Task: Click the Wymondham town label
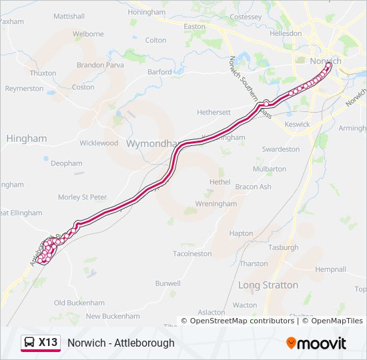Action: pyautogui.click(x=151, y=143)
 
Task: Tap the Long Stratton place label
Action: pyautogui.click(x=268, y=285)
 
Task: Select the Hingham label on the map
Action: pyautogui.click(x=27, y=138)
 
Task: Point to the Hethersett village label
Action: pyautogui.click(x=214, y=113)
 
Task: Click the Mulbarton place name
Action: pyautogui.click(x=270, y=169)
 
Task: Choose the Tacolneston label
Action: pyautogui.click(x=192, y=253)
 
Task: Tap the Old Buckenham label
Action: pyautogui.click(x=79, y=303)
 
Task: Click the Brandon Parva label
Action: pyautogui.click(x=101, y=65)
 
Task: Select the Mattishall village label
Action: pyautogui.click(x=69, y=15)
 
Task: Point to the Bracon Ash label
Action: pyautogui.click(x=254, y=187)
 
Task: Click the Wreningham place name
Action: pyautogui.click(x=216, y=203)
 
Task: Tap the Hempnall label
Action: pyautogui.click(x=331, y=269)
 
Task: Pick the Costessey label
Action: pyautogui.click(x=246, y=17)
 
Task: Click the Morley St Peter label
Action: pyautogui.click(x=82, y=197)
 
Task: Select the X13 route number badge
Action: pyautogui.click(x=48, y=343)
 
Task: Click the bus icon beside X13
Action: pyautogui.click(x=30, y=343)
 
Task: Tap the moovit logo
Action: pyautogui.click(x=317, y=343)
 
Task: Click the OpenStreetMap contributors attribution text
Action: pyautogui.click(x=242, y=321)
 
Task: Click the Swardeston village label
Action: pyautogui.click(x=281, y=149)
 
